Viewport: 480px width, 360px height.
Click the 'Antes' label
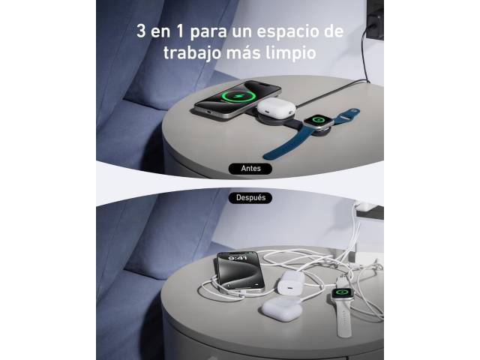coord(250,168)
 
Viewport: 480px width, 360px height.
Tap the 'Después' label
coord(250,198)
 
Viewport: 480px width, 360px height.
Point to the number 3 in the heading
coord(141,31)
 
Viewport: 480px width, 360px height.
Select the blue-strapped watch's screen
coord(318,120)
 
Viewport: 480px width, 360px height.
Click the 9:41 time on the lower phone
coord(238,258)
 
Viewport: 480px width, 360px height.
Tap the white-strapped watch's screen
coord(342,292)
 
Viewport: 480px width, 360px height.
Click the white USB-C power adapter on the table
coord(291,282)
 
